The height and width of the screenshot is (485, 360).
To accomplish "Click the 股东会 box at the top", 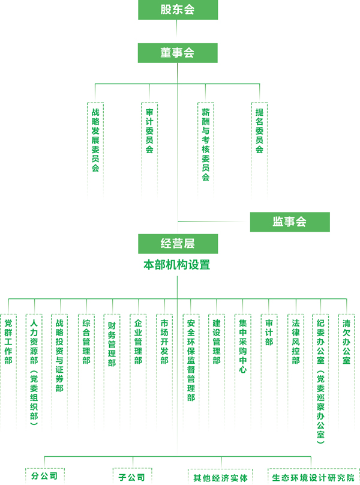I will (x=178, y=10).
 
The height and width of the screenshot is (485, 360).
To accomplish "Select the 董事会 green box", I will (x=178, y=53).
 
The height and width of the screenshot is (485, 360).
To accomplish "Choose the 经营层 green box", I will (x=178, y=244).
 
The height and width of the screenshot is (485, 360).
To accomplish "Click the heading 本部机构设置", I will (x=178, y=264).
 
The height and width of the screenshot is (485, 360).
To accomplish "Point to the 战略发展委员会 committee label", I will (x=95, y=140).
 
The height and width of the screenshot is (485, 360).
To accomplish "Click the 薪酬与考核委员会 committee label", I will (x=206, y=144).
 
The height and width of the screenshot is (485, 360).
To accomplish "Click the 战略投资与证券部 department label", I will (x=59, y=355).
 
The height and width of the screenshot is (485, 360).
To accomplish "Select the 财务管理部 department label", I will (x=112, y=345).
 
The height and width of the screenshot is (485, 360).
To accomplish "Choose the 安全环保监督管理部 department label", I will (x=191, y=360).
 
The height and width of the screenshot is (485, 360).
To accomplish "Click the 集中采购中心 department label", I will (x=242, y=346).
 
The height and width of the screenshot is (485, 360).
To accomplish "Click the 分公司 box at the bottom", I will (x=45, y=476).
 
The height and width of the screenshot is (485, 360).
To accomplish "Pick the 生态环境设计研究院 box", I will (x=312, y=478).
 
